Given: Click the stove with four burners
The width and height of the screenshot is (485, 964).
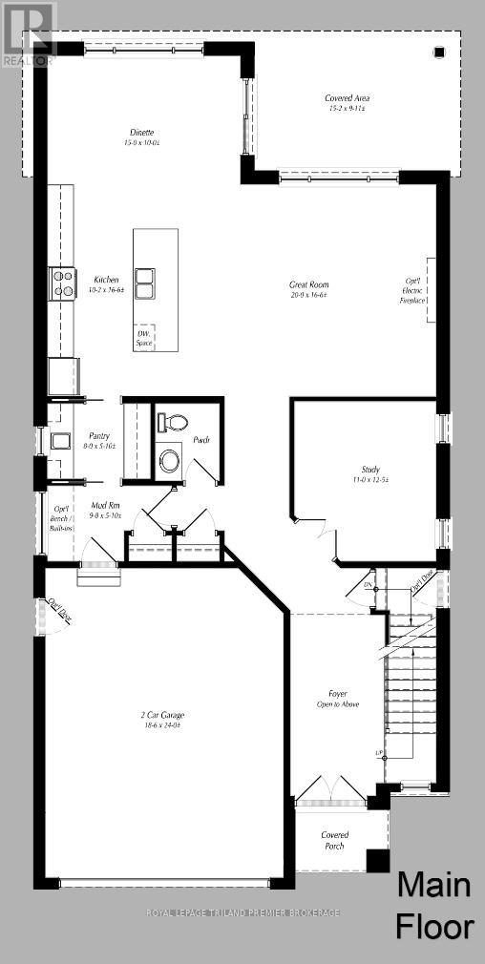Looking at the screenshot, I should click(x=63, y=283).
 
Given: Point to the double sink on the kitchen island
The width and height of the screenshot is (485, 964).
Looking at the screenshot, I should click(x=145, y=283).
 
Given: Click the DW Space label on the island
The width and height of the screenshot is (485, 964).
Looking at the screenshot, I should click(x=144, y=337).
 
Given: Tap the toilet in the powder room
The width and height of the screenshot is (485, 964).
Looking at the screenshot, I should click(x=174, y=422).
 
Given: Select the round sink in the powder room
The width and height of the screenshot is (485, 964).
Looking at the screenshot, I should click(x=170, y=460).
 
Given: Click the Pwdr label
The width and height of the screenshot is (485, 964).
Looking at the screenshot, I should click(x=201, y=440).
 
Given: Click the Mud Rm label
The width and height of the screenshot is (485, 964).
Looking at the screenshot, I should click(x=105, y=510).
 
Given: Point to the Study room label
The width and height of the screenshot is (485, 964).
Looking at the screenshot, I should click(x=370, y=474).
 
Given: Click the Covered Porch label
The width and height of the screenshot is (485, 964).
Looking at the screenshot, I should click(x=333, y=839).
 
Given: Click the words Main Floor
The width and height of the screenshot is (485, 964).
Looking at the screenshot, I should click(x=433, y=906).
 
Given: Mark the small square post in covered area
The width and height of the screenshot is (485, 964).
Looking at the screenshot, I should click(x=439, y=52).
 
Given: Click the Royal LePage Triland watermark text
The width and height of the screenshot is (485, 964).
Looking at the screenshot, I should click(x=242, y=913).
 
